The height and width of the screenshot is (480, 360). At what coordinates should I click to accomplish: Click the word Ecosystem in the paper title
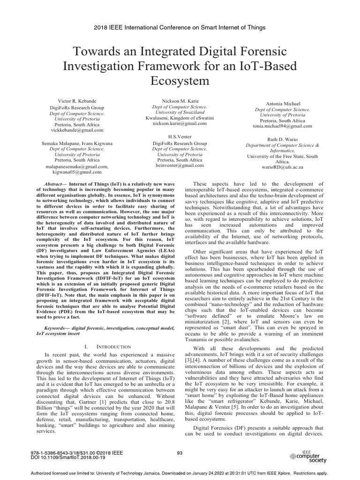coord(180,81)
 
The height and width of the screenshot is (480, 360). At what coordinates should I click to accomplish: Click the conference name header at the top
coord(180,28)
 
